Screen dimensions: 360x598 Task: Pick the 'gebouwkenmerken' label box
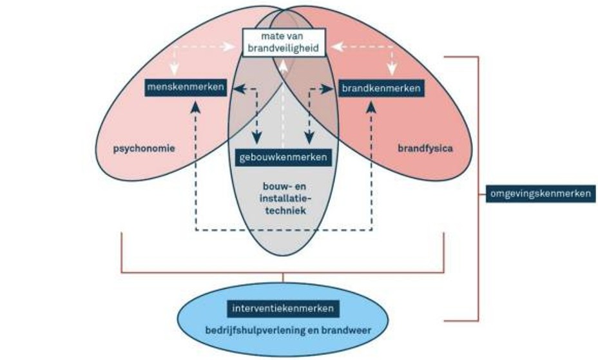(283, 157)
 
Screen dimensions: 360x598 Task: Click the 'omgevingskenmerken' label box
(539, 193)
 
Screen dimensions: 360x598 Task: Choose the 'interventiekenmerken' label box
(284, 308)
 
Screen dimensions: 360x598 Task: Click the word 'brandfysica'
(425, 148)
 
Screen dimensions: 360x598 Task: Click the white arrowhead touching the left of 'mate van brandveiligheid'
(234, 46)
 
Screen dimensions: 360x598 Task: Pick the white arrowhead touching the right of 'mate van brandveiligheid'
(334, 46)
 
